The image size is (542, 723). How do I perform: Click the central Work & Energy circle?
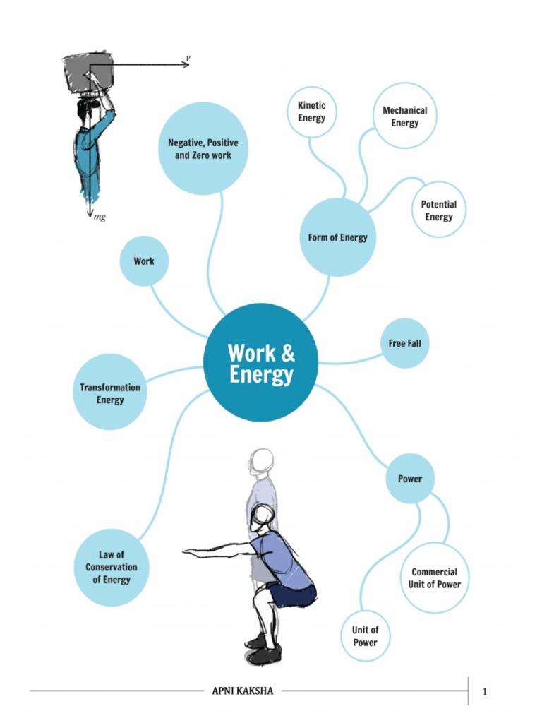pos(260,362)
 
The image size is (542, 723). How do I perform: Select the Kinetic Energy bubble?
pos(311,112)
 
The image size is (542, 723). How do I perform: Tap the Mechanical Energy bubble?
pos(404,116)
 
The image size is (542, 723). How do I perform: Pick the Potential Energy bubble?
pos(438,210)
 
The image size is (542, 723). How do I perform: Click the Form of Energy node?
pos(337,237)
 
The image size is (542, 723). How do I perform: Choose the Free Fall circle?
pos(404,343)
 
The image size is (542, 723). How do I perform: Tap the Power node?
pos(409,478)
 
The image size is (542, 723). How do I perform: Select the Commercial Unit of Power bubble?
pos(434,578)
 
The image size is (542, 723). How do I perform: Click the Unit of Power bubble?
pos(365,635)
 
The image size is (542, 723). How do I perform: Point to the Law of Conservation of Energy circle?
pos(111,567)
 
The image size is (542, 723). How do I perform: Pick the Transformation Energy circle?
pos(109,393)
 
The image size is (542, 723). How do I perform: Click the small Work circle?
pos(144,261)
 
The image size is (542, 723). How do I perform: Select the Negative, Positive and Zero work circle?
pos(203,148)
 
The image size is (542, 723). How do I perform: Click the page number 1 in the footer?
pos(485,691)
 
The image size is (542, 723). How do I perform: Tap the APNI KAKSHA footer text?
pos(242,691)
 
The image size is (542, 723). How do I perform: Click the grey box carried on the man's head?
pos(86,71)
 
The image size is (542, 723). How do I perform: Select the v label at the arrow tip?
pos(188,58)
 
